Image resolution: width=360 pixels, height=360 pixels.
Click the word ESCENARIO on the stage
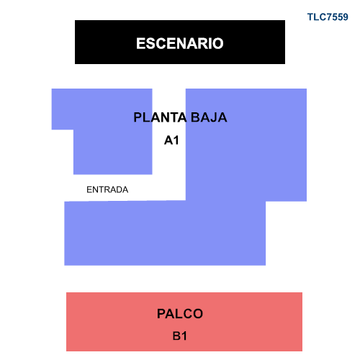[x=180, y=43]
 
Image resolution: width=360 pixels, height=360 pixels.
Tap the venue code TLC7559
[x=328, y=17]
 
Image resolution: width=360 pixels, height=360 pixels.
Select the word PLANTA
[x=160, y=117]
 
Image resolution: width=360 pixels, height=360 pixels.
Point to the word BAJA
[x=209, y=117]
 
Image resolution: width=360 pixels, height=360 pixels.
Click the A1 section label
[x=171, y=140]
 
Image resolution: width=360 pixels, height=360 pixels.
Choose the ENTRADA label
[x=107, y=189]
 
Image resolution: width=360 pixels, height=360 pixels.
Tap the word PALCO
[x=180, y=314]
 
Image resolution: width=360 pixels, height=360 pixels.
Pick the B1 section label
[x=179, y=336]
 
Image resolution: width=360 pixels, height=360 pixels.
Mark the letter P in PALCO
[x=161, y=314]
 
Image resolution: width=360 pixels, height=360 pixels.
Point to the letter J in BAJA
[x=212, y=117]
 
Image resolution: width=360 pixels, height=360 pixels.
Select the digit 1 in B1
[x=184, y=336]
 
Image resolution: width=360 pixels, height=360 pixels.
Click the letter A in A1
[x=168, y=140]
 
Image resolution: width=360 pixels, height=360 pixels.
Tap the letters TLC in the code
[x=316, y=17]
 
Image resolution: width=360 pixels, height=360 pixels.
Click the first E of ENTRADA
[x=89, y=189]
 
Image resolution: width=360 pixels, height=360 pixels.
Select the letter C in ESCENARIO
[x=160, y=43]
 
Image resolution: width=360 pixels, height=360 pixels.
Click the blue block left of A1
[x=113, y=132]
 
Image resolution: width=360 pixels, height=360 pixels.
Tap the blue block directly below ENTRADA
[x=125, y=233]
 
